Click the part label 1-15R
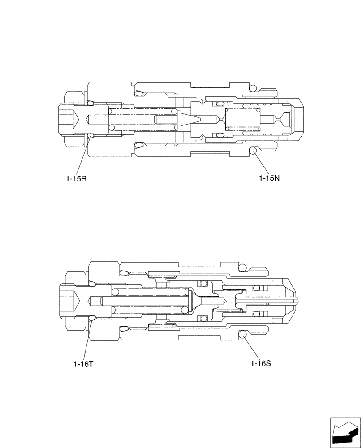(x=76, y=178)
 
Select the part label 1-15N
(x=269, y=178)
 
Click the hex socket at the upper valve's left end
(x=69, y=119)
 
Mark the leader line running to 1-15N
(x=261, y=164)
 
